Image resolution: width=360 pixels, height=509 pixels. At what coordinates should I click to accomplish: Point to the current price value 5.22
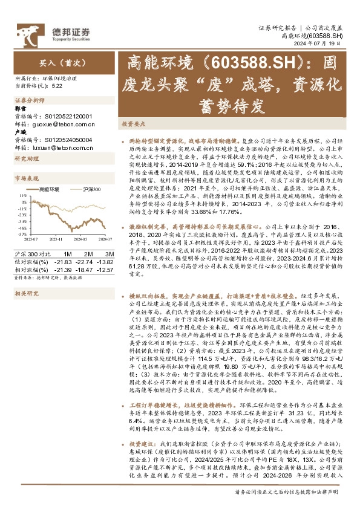[x=57, y=86]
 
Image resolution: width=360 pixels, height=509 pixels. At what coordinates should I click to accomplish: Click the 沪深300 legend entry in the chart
[x=91, y=189]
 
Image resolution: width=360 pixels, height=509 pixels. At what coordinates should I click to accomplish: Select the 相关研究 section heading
[x=26, y=293]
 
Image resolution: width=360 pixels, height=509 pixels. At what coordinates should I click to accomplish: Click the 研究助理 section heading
[x=26, y=158]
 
